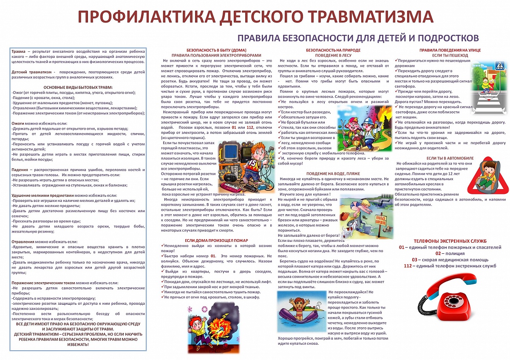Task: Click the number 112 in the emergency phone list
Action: [x=408, y=266]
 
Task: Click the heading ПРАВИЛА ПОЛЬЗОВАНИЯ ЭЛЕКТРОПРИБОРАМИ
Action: [x=217, y=55]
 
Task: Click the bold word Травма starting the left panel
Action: [x=19, y=51]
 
